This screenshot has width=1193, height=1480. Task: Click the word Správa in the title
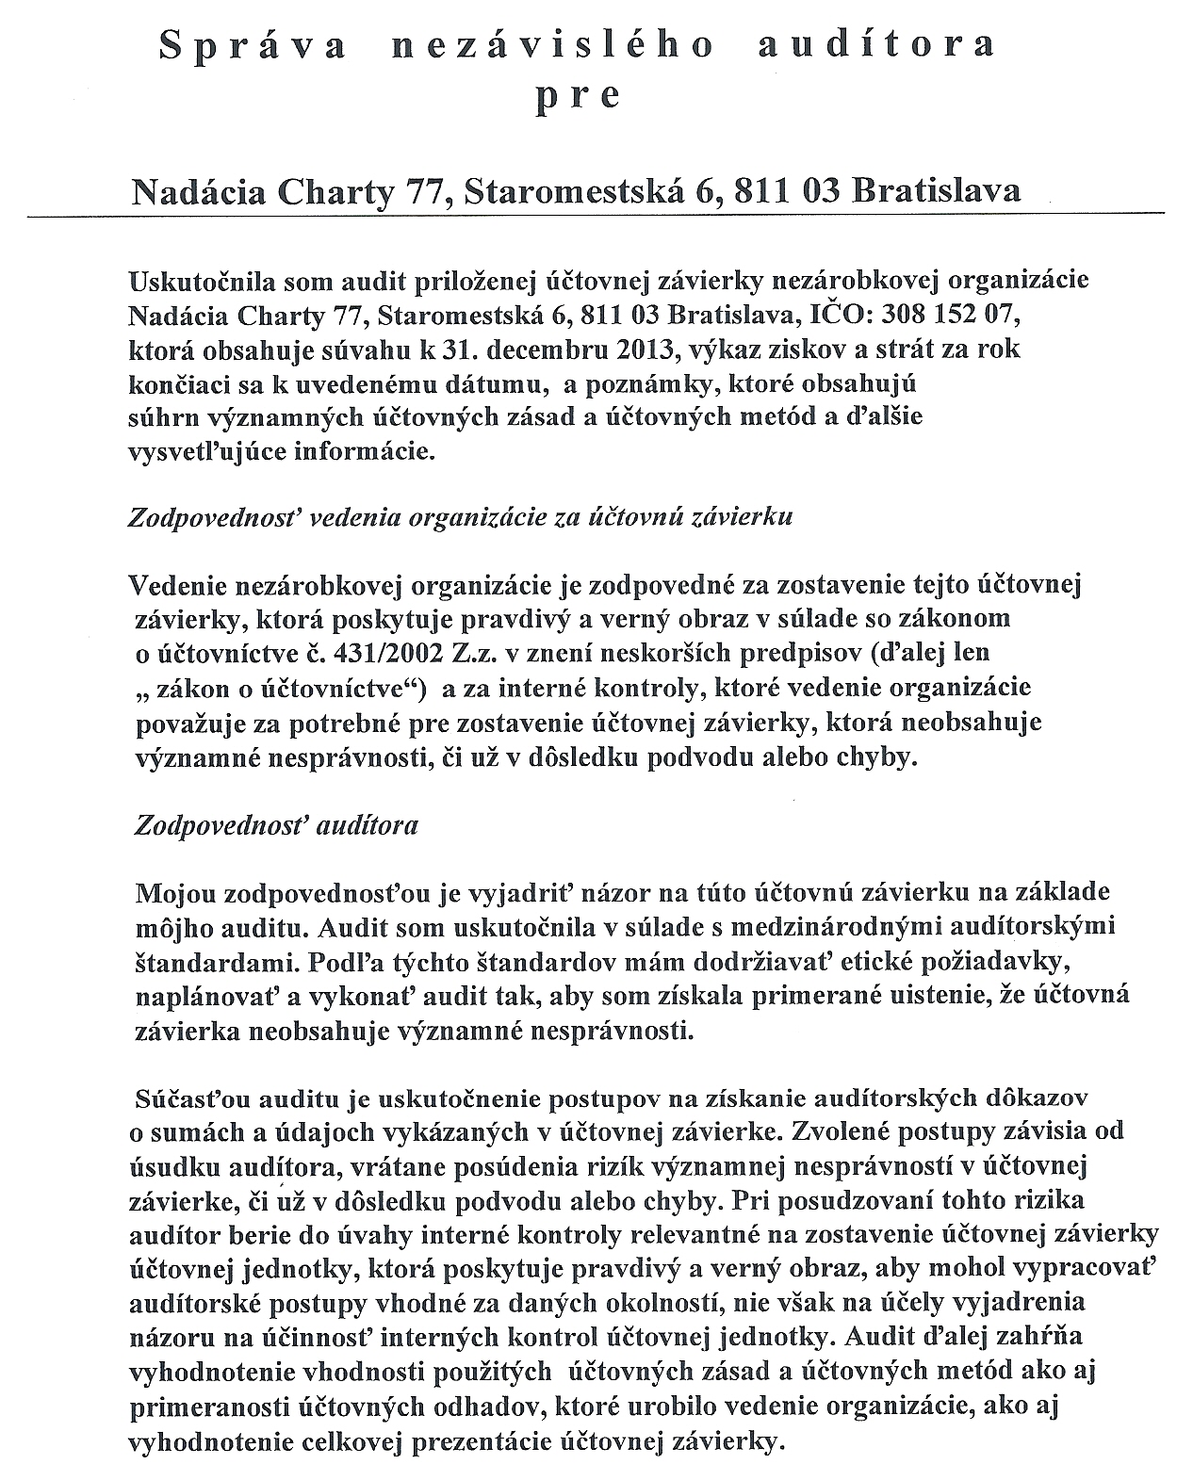(252, 46)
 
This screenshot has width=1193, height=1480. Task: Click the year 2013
(651, 349)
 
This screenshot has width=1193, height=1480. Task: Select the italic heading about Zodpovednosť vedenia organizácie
(460, 517)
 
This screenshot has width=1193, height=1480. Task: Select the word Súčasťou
(182, 1098)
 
